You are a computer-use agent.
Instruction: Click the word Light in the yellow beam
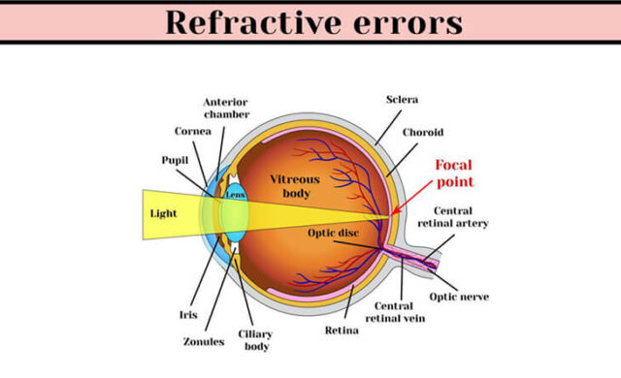tap(164, 212)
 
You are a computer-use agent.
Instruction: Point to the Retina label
tap(342, 331)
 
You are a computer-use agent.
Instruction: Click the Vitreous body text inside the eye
tap(294, 185)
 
